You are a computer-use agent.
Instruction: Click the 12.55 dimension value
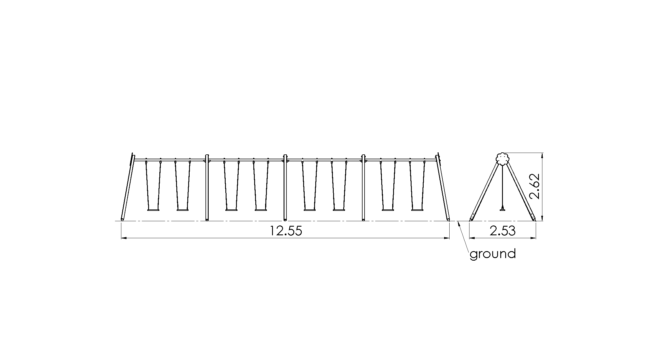point(286,231)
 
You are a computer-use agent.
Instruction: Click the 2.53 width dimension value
point(503,231)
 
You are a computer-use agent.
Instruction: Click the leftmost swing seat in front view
point(153,210)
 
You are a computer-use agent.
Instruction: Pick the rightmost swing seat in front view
point(417,210)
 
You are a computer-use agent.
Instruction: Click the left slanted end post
point(127,187)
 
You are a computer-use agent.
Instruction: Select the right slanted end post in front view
point(443,187)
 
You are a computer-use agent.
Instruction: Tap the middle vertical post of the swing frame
point(285,188)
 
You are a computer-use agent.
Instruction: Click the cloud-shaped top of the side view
point(503,159)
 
